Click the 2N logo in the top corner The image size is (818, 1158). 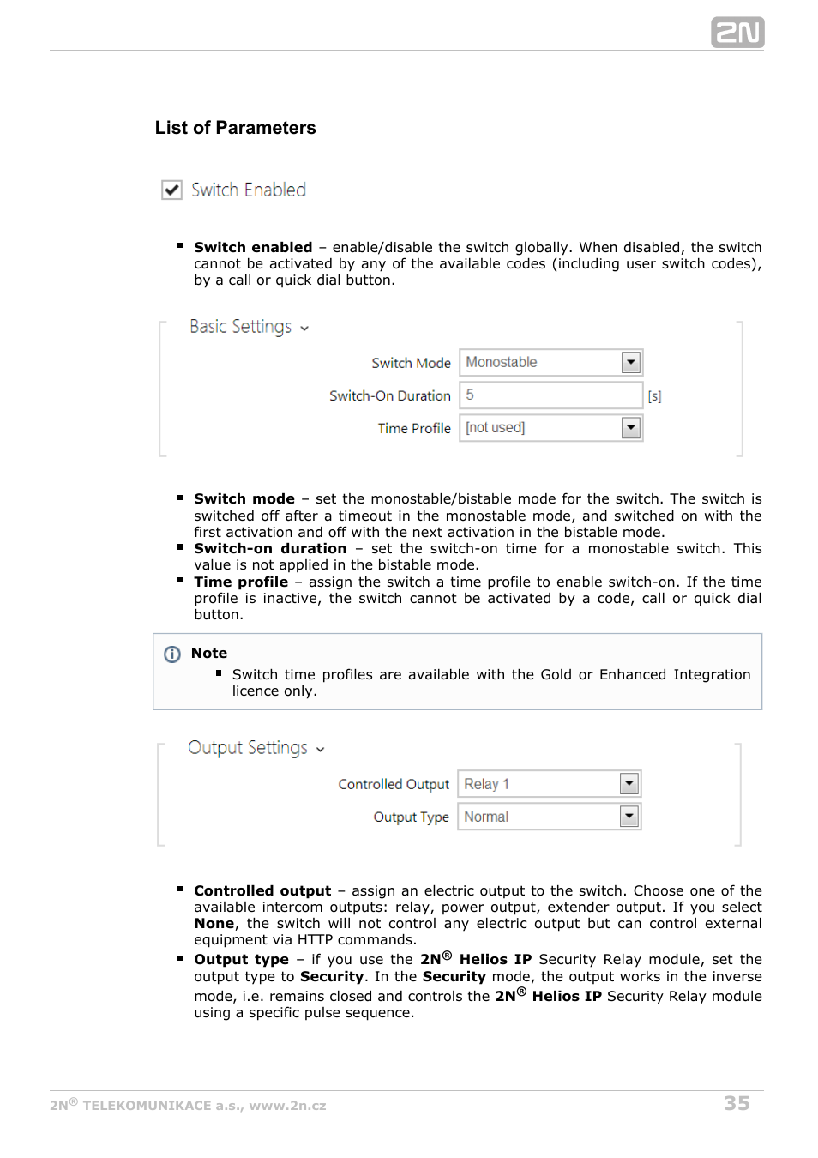[737, 33]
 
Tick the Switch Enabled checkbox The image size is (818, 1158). [172, 190]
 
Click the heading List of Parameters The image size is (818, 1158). [235, 128]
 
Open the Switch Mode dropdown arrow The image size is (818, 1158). [630, 362]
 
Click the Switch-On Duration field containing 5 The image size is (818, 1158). [550, 395]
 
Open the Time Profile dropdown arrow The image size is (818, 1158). [630, 427]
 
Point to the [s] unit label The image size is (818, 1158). [654, 396]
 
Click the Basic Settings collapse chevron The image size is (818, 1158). [304, 328]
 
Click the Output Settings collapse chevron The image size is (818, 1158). [321, 749]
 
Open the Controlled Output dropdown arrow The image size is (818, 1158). [629, 783]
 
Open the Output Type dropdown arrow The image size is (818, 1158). [629, 817]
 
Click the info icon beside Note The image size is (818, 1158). [172, 654]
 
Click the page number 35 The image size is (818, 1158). [737, 1103]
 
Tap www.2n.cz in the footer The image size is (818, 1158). [287, 1106]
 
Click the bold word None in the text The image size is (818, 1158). [214, 924]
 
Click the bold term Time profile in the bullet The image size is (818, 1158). [241, 582]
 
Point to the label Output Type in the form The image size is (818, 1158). [411, 817]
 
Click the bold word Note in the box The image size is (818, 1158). [209, 654]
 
